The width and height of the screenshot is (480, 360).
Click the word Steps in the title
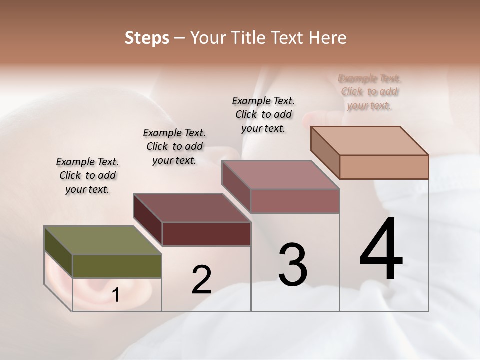click(147, 38)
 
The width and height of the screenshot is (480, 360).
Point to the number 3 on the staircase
click(293, 265)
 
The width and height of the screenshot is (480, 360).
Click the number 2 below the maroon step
click(201, 280)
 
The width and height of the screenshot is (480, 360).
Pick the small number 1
click(116, 295)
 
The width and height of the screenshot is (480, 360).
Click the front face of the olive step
click(117, 266)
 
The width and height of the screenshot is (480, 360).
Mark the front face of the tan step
click(384, 167)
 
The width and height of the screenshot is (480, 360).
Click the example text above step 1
click(87, 175)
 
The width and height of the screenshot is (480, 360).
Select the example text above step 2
click(174, 146)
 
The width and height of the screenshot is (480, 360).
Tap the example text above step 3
click(263, 114)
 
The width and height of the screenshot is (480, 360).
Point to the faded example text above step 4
click(370, 92)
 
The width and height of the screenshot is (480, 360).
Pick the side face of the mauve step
click(236, 186)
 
